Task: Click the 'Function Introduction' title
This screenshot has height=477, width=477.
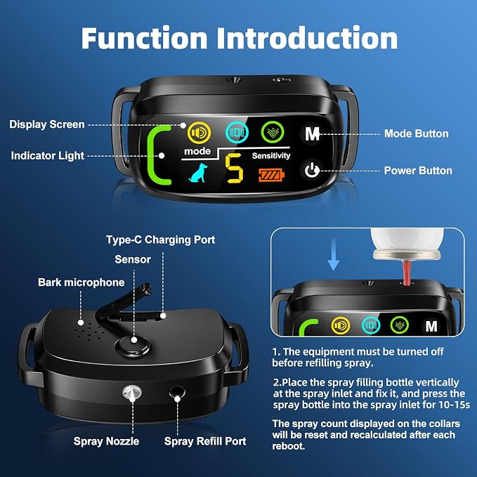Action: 240,38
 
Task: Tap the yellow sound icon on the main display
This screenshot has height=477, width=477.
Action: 199,133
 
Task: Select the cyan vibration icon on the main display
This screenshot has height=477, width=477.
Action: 237,132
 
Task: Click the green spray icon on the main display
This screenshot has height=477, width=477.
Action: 273,132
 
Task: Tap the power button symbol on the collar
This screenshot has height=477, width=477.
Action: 312,170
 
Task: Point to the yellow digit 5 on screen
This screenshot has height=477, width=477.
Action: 234,168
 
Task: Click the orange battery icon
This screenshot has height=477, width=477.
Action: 271,175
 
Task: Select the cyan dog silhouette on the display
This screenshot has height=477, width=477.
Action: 198,173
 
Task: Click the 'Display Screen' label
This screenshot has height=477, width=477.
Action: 47,124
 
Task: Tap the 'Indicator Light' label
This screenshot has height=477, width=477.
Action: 48,156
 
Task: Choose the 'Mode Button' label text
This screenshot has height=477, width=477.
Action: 416,133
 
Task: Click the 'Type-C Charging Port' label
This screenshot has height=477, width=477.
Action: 161,240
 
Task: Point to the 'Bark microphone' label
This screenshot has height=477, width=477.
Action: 81,282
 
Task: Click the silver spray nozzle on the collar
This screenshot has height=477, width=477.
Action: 132,393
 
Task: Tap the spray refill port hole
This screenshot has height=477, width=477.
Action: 177,393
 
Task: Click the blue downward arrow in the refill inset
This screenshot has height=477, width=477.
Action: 334,254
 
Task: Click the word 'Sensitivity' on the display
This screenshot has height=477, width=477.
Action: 271,156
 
